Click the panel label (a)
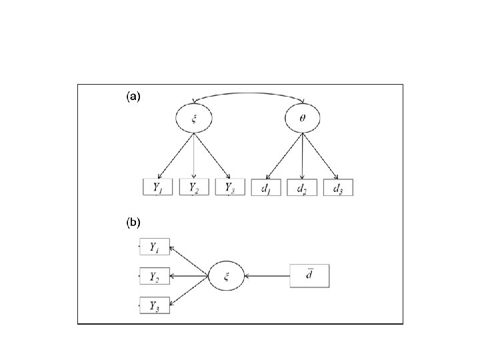[x=133, y=97]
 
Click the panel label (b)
[x=133, y=220]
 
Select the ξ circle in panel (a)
[x=194, y=119]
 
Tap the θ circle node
[x=303, y=119]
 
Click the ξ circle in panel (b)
[x=227, y=275]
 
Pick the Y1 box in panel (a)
[x=158, y=187]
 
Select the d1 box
[x=267, y=187]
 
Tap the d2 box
[x=303, y=187]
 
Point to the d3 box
[x=339, y=187]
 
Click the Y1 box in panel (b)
[x=155, y=247]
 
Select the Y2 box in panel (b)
[x=155, y=275]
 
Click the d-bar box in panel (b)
[x=310, y=275]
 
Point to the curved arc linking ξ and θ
[x=249, y=95]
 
